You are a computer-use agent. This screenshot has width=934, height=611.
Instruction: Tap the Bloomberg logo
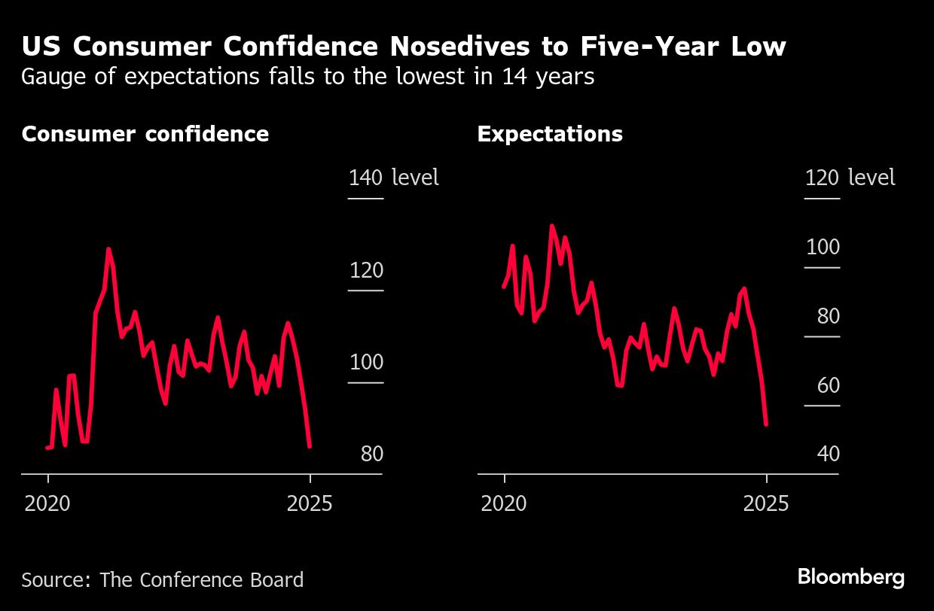click(x=850, y=578)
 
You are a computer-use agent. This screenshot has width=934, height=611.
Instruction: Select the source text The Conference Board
click(x=202, y=580)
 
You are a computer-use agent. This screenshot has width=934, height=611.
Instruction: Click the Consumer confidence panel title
click(x=145, y=134)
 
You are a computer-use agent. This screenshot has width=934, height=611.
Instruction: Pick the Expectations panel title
click(x=550, y=134)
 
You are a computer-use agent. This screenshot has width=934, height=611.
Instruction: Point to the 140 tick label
click(x=365, y=178)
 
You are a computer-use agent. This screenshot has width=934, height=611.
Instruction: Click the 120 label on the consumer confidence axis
click(x=366, y=270)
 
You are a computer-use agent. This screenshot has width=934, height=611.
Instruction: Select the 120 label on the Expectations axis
click(x=822, y=178)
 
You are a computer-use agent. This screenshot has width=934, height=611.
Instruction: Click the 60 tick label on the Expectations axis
click(x=828, y=386)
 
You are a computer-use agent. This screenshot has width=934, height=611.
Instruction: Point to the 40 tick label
click(x=828, y=454)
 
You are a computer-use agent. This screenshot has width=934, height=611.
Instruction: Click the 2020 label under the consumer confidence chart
click(x=47, y=503)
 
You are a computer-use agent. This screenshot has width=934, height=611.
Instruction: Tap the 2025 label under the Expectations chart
click(x=766, y=503)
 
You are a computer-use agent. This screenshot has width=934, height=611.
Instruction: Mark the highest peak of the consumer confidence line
click(x=108, y=248)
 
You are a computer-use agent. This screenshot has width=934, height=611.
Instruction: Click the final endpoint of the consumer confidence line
click(x=310, y=446)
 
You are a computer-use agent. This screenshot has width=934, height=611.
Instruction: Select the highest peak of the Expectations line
click(x=551, y=225)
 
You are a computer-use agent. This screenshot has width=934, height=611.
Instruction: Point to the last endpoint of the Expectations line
click(x=766, y=424)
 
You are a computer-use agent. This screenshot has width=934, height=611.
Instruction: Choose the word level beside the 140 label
click(x=415, y=178)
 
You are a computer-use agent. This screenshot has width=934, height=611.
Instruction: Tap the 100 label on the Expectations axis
click(x=822, y=248)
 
